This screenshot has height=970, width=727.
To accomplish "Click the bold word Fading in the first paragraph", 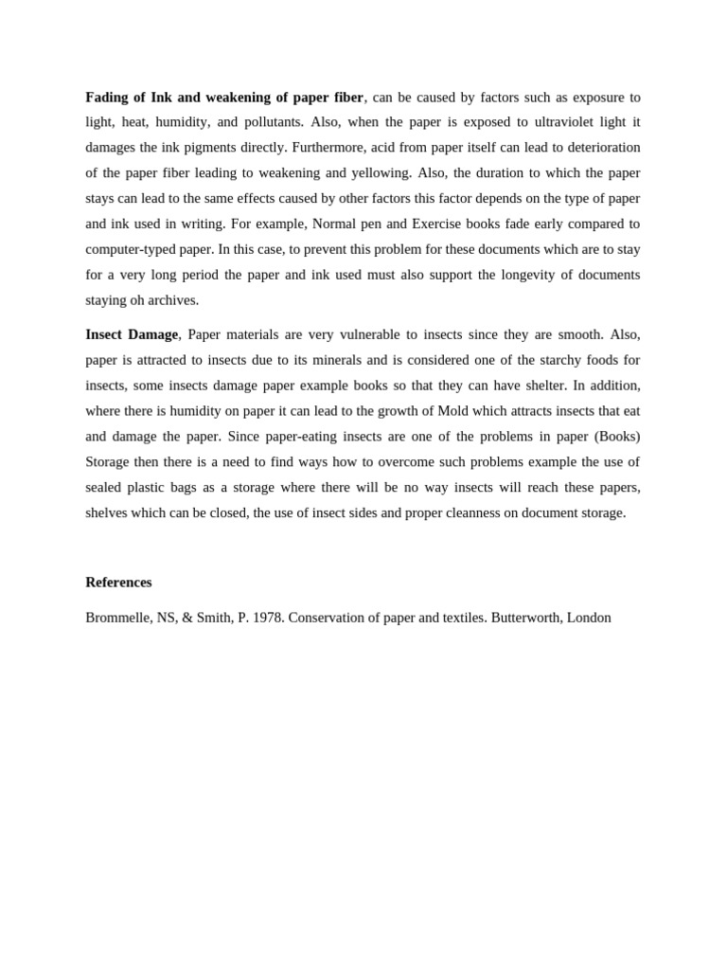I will (107, 98).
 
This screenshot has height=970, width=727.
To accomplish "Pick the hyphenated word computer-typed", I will (132, 249).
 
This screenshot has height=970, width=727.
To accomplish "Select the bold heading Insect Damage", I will (132, 334).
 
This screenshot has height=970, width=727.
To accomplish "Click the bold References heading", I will (118, 583).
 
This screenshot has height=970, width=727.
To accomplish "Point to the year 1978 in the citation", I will (268, 618).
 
